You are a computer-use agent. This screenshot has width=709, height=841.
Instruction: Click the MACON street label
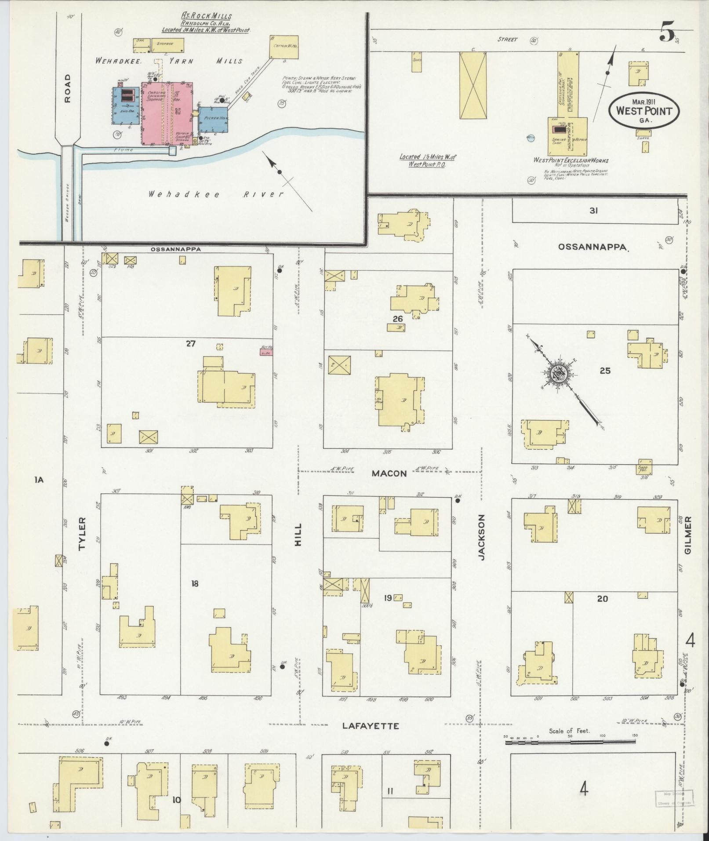[389, 473]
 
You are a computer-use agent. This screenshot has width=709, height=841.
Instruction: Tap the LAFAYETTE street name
[371, 726]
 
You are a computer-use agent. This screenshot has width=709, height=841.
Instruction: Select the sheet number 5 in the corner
[666, 34]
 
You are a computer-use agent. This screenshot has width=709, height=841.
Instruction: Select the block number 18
[195, 583]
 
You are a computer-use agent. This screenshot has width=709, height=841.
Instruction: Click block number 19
[388, 597]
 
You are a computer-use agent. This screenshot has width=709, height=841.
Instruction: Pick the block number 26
[397, 318]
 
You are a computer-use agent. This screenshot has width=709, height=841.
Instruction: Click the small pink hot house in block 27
[266, 350]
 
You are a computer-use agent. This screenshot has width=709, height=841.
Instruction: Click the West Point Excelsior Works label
[571, 160]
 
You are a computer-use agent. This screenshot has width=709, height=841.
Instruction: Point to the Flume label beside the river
[124, 150]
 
